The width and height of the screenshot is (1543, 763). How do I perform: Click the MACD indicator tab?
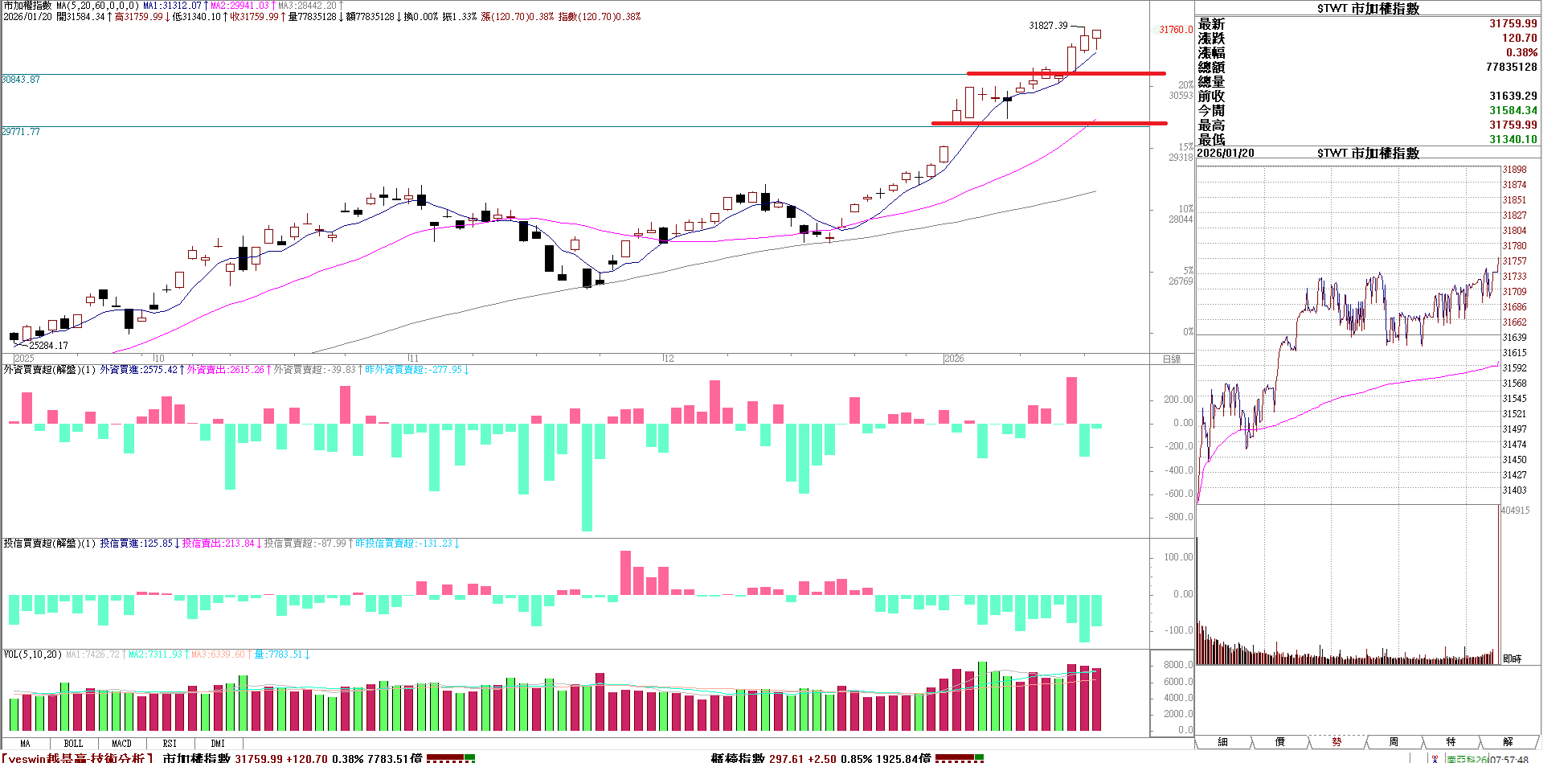click(x=121, y=744)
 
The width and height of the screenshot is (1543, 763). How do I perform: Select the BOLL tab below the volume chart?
click(x=73, y=744)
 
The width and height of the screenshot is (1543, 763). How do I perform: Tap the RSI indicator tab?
click(x=170, y=744)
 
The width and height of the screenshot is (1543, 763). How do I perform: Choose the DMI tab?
click(x=218, y=744)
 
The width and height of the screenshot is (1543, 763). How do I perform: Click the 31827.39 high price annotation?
click(x=1048, y=26)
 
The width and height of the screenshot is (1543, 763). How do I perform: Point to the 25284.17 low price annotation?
click(x=48, y=346)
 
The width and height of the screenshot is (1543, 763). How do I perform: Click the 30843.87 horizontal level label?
click(x=21, y=80)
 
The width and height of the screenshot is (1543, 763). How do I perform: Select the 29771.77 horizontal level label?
click(x=21, y=132)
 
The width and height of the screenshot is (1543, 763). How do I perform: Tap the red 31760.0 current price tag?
click(x=1175, y=30)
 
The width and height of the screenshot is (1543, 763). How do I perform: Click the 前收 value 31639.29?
click(x=1512, y=96)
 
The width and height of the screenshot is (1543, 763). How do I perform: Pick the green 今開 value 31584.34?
click(x=1512, y=110)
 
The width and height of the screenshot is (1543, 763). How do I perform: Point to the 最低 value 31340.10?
click(x=1512, y=139)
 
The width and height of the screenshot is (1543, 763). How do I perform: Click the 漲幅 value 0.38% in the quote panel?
click(x=1521, y=52)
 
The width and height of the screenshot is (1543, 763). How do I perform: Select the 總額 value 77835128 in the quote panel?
click(x=1511, y=67)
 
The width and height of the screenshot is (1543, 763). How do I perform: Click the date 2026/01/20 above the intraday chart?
click(x=1226, y=153)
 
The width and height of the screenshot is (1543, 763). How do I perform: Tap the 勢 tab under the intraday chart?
click(x=1336, y=741)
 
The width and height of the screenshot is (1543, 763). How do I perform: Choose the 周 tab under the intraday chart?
click(x=1394, y=741)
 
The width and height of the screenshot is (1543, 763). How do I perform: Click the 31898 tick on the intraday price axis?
click(x=1514, y=170)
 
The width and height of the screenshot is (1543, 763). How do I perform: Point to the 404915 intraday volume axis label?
click(x=1515, y=511)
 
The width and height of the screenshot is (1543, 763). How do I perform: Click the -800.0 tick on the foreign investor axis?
click(x=1178, y=517)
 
